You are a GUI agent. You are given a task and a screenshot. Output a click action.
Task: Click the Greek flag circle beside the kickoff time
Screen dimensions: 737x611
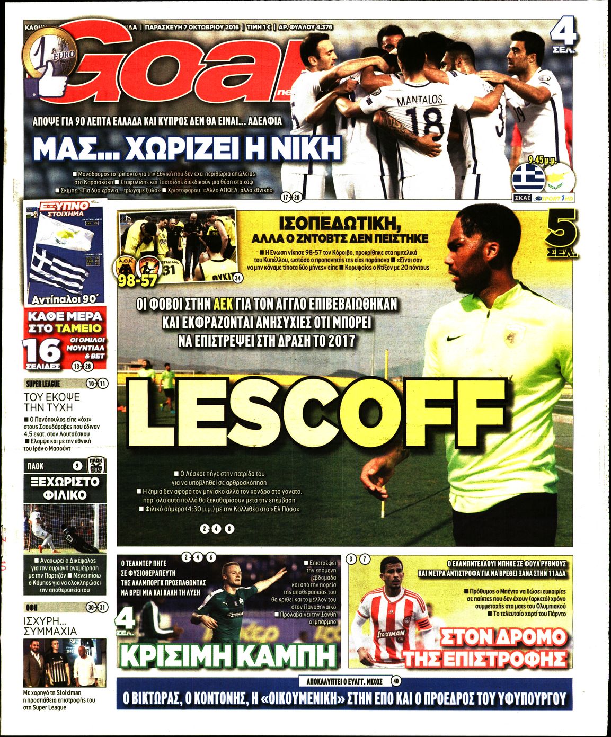(528, 178)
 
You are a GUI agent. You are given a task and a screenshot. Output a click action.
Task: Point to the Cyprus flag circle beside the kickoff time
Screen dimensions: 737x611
(560, 178)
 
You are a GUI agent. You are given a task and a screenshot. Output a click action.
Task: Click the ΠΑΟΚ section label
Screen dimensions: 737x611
(34, 466)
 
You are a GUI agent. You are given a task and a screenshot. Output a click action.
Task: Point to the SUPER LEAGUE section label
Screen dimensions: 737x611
(43, 384)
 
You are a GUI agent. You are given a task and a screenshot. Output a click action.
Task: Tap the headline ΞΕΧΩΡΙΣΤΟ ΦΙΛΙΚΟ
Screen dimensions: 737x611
(65, 488)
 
